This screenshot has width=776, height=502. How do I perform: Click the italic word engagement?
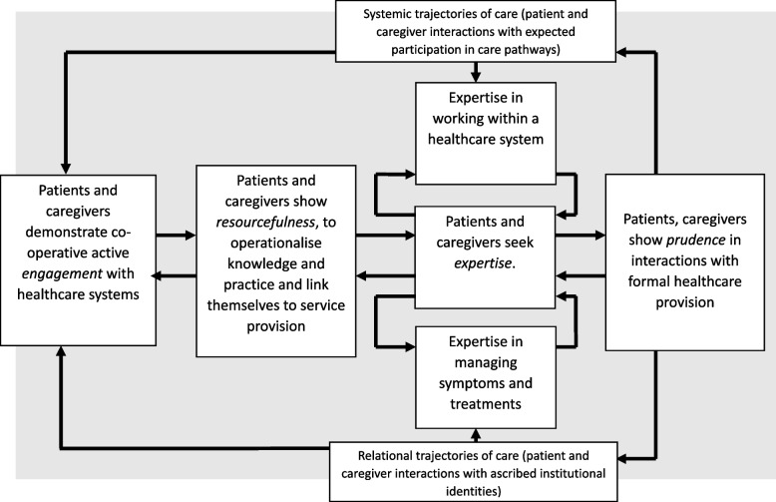[x=62, y=273]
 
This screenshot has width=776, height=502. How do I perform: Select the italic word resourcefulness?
[x=265, y=223]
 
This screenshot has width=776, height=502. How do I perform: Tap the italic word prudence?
[x=696, y=241]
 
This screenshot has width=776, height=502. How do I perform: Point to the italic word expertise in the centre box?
[x=483, y=262]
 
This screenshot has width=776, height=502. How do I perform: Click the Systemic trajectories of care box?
[x=476, y=31]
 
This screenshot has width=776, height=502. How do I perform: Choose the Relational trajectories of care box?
[x=474, y=472]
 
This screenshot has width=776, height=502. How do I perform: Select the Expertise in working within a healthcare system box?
[x=486, y=133]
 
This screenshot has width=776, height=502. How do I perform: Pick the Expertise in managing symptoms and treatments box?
[x=486, y=377]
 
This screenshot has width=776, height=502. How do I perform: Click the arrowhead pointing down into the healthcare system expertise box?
[x=476, y=77]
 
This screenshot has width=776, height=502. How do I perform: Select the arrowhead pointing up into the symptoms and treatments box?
[x=476, y=435]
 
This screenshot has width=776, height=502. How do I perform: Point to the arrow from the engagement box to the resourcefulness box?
[x=177, y=236]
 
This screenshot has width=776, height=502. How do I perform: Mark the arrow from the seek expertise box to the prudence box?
[x=581, y=236]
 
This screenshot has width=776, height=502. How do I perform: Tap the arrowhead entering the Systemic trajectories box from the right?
[x=621, y=52]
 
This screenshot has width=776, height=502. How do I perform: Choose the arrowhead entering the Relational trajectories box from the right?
[x=623, y=459]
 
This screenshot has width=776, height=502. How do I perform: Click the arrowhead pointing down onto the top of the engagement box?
[x=65, y=169]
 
